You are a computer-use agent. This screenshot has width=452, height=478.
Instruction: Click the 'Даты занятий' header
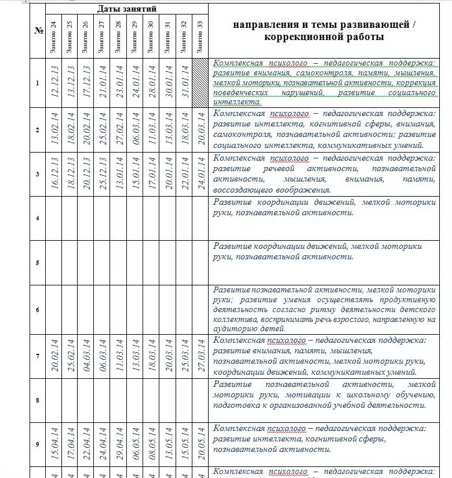click(x=126, y=9)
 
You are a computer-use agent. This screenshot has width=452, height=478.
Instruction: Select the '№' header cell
click(x=38, y=31)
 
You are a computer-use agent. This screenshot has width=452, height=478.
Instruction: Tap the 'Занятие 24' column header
click(x=53, y=37)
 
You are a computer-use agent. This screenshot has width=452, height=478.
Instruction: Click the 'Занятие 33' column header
click(x=200, y=37)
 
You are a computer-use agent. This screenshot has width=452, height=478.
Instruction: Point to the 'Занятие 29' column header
click(x=135, y=37)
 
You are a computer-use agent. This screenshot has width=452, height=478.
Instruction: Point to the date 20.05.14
click(x=200, y=444)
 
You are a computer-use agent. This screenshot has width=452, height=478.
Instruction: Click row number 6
click(x=38, y=310)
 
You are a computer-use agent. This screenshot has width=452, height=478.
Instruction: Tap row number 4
click(x=38, y=219)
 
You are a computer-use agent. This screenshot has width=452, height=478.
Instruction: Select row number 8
click(x=38, y=400)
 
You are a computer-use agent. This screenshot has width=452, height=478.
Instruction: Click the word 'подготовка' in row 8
click(x=236, y=405)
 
